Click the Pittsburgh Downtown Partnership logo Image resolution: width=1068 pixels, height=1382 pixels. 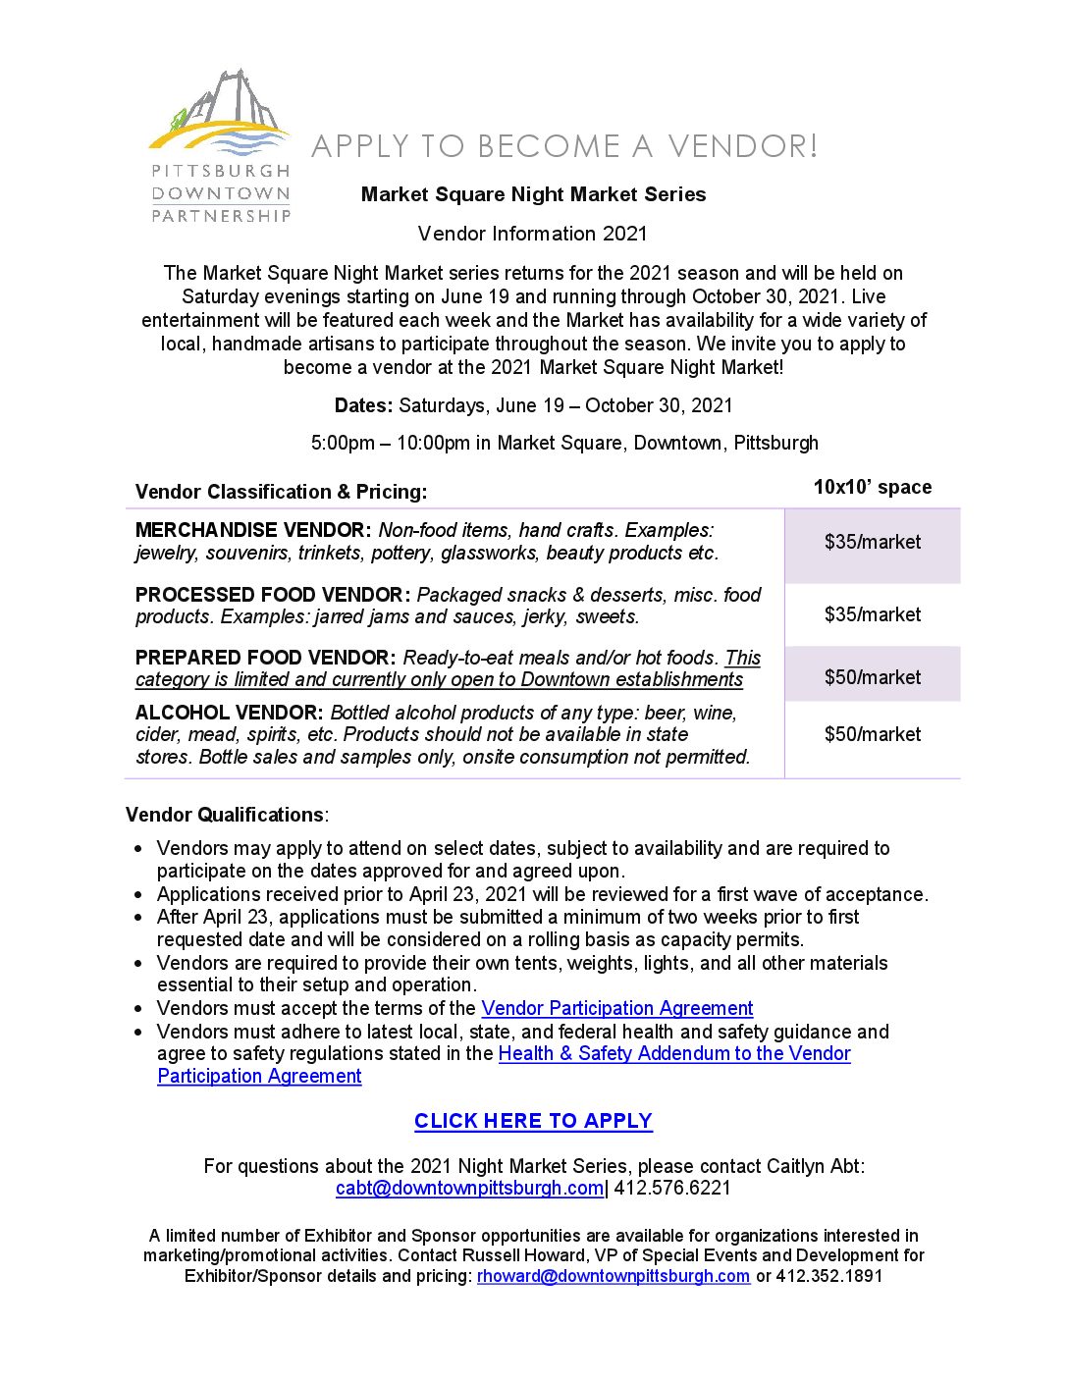pos(220,146)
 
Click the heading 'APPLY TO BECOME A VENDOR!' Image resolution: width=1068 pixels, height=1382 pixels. pos(564,146)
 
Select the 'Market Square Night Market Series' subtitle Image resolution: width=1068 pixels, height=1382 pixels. pos(533,194)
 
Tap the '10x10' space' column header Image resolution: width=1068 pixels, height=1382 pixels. pos(873,487)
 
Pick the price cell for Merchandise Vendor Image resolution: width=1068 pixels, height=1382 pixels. pos(873,542)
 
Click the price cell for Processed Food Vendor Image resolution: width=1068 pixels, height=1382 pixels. pos(873,614)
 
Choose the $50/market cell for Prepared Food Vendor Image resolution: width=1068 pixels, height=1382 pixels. pos(873,677)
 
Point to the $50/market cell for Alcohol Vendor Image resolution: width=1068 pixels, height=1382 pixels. pos(873,734)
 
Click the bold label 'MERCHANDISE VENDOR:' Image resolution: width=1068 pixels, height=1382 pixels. pos(253,530)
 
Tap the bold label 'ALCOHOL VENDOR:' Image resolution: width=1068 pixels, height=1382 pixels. pos(229,713)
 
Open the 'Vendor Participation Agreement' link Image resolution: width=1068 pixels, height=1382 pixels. pos(617,1008)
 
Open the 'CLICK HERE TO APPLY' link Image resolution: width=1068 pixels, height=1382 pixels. pos(533,1121)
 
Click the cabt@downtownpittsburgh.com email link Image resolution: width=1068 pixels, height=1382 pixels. pos(469,1188)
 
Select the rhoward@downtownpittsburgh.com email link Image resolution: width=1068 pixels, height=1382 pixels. pos(614,1276)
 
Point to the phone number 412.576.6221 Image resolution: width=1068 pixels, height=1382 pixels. pos(672,1188)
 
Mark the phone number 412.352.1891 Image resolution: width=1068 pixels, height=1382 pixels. pos(829,1276)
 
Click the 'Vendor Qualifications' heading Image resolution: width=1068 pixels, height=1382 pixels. pos(225,815)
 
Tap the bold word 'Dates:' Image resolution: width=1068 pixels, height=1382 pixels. pos(363,405)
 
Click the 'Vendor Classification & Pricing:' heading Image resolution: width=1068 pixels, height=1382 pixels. pos(281,492)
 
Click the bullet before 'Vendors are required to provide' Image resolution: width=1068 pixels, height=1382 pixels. pos(139,964)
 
